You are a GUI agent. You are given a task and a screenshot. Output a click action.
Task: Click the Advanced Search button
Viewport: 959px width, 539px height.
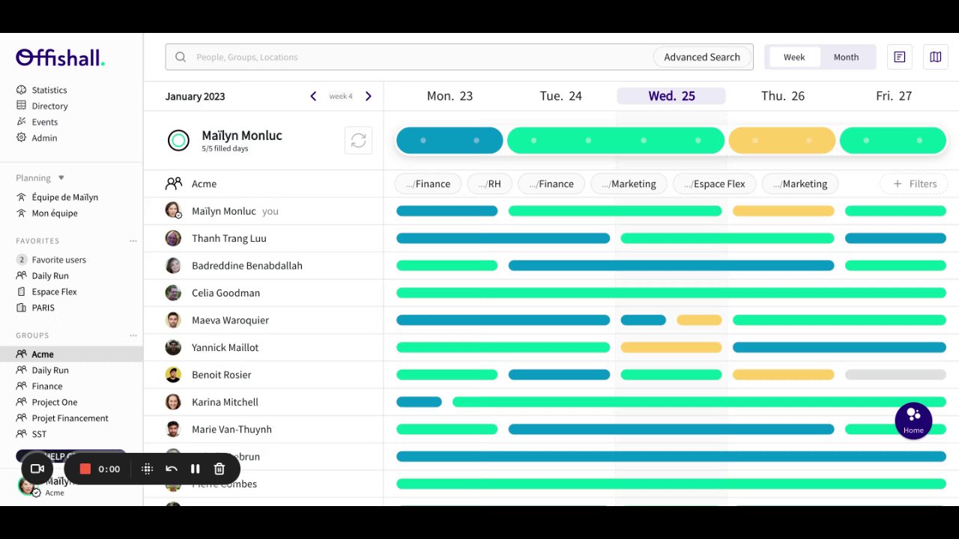point(702,57)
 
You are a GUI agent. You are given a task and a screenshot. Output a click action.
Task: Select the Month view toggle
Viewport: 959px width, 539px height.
point(846,57)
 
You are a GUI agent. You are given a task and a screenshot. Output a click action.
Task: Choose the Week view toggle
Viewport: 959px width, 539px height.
point(794,57)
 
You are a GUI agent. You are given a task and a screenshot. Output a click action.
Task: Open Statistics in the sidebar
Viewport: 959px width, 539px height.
point(49,90)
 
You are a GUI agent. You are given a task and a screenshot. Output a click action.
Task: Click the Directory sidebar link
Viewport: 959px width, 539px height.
point(49,106)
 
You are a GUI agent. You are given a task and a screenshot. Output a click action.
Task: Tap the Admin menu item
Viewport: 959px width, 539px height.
point(44,138)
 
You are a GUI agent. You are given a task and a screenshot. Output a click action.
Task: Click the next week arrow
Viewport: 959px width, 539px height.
point(368,96)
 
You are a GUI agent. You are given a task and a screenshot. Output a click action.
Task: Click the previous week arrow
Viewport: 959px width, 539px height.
point(313,96)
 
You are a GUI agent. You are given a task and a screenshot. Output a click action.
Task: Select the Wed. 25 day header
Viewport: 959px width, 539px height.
point(671,96)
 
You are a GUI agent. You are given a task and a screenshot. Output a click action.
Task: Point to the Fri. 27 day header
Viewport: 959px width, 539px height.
point(894,96)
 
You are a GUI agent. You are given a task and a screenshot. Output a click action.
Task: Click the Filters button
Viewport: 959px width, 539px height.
point(914,183)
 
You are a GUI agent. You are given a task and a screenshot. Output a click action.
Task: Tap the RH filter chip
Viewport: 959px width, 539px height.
point(489,183)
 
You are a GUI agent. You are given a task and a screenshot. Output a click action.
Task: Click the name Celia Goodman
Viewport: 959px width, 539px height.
point(226,293)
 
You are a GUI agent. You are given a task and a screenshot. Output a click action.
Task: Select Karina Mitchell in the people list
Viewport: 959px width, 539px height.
point(225,402)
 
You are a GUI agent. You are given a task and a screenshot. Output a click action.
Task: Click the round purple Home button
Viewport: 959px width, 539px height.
point(913,421)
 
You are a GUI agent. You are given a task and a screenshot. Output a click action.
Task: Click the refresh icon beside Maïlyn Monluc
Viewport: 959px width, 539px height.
point(358,141)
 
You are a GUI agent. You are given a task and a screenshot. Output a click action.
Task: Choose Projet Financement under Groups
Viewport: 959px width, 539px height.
point(70,418)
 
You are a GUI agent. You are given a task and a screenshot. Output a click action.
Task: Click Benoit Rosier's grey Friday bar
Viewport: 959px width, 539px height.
point(895,374)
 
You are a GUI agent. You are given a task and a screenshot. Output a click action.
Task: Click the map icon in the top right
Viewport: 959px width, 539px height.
point(935,57)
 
